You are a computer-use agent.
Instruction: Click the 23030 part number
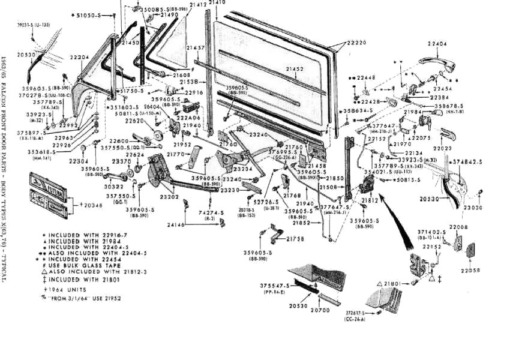pos(473,208)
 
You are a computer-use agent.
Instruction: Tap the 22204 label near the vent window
pos(79,58)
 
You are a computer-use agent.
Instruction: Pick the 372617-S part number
pos(359,314)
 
